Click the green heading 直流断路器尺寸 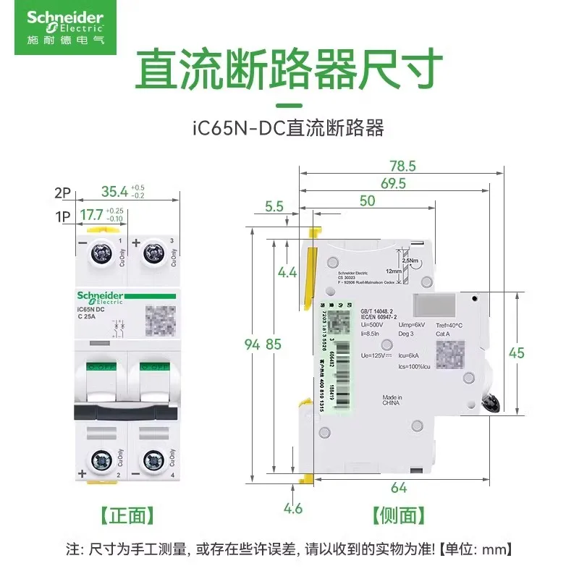point(289,69)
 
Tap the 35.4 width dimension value point(114,192)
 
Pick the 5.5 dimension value point(274,206)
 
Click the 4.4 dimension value point(287,273)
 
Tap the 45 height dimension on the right point(536,353)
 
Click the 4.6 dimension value point(293,508)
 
